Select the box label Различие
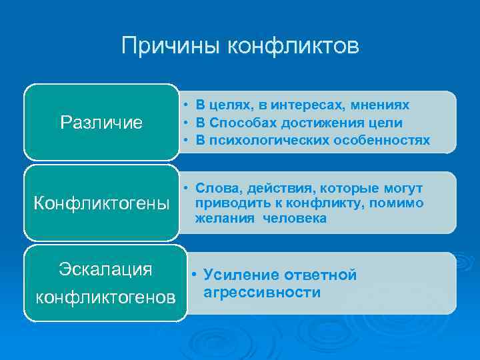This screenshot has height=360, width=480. [101, 123]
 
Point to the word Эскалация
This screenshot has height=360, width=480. [105, 269]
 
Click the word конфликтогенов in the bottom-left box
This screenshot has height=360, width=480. [105, 295]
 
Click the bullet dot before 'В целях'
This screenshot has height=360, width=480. [182, 105]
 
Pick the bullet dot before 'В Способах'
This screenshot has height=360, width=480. [182, 123]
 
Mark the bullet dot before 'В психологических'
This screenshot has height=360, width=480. [182, 140]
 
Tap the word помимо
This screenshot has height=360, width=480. [400, 203]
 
